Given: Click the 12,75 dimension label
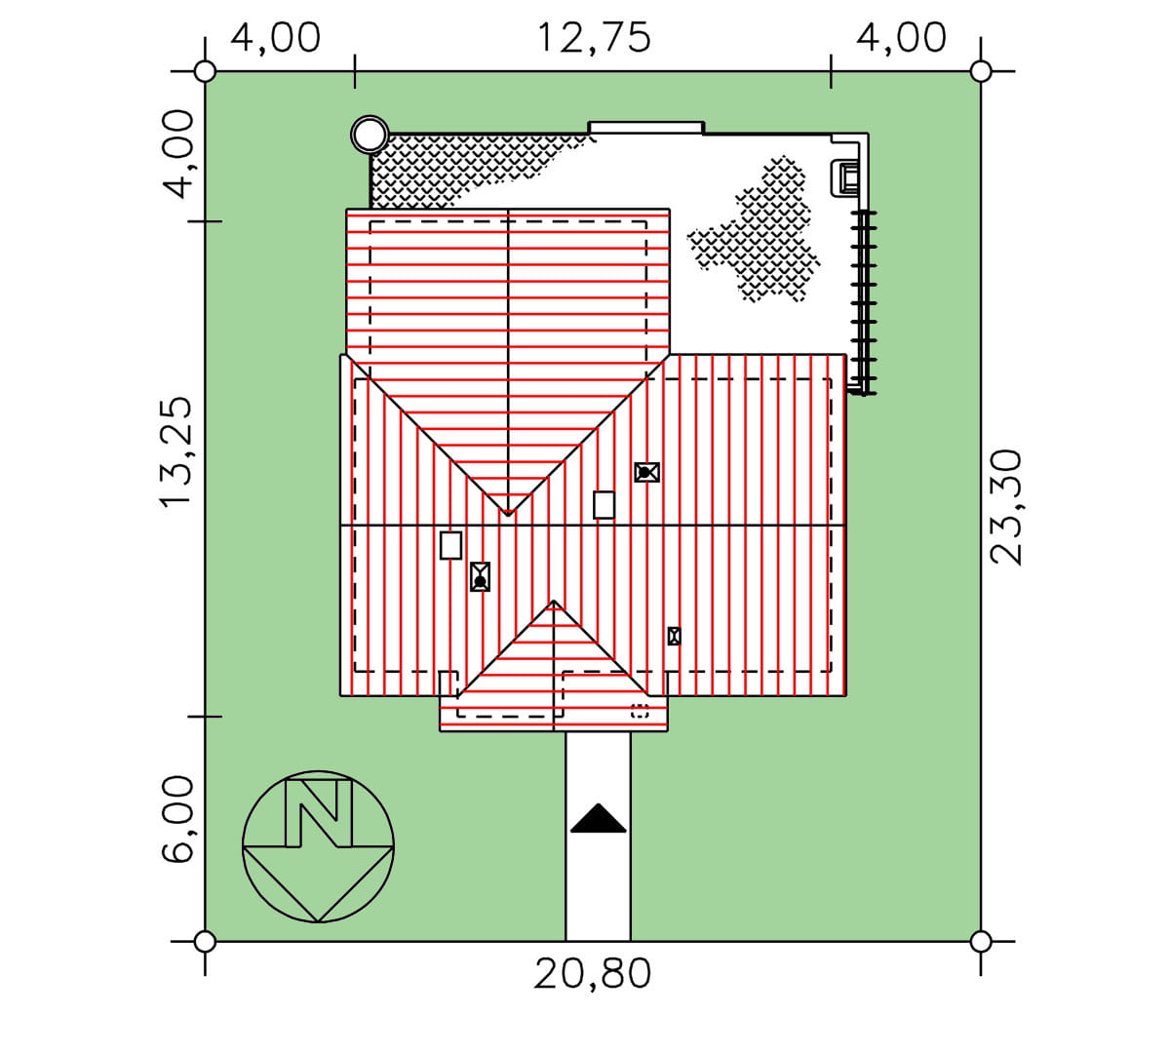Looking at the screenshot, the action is click(x=593, y=38).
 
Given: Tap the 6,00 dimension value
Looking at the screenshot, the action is click(x=176, y=819).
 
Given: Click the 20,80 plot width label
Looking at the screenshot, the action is click(x=592, y=974).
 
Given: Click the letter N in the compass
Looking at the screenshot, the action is click(x=319, y=813).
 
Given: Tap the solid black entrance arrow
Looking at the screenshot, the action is click(x=598, y=818).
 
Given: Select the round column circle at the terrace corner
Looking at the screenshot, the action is click(x=370, y=135).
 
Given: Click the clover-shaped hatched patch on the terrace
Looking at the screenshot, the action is click(x=754, y=230).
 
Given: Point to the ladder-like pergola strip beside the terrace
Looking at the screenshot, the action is click(x=864, y=302).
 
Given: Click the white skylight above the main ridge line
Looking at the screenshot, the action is click(x=604, y=505).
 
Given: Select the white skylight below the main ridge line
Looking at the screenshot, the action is click(x=450, y=545).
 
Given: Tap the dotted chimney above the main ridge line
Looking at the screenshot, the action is click(x=646, y=472).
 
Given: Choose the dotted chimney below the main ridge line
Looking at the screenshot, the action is click(x=480, y=576).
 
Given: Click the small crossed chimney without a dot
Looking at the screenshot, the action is click(x=674, y=636).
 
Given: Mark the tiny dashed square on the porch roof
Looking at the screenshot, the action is click(x=640, y=711).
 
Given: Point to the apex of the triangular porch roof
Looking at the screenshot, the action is click(x=554, y=601).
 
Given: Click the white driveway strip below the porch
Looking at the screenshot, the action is click(x=598, y=837).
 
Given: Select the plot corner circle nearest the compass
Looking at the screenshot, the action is click(x=205, y=941).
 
